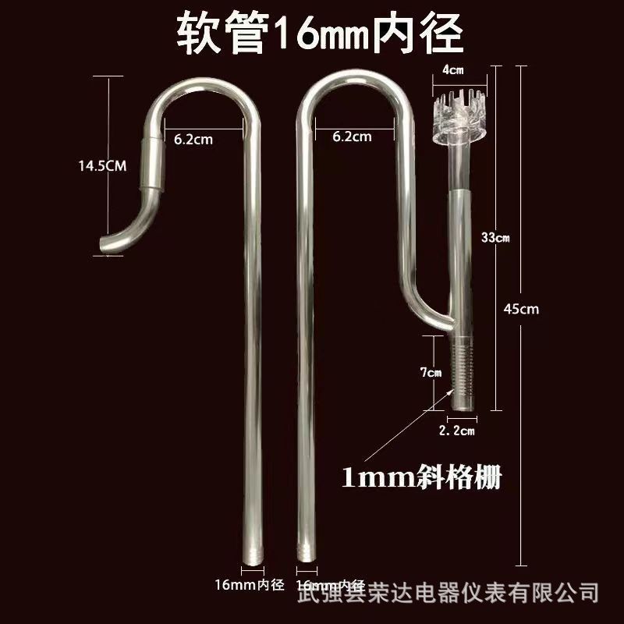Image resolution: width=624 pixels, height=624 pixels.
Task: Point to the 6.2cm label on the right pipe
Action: point(352,136)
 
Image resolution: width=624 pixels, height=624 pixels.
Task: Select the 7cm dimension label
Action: point(431,373)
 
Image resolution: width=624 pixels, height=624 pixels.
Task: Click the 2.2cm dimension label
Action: point(458,430)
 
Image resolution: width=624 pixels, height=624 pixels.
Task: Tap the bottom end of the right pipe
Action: point(302,556)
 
